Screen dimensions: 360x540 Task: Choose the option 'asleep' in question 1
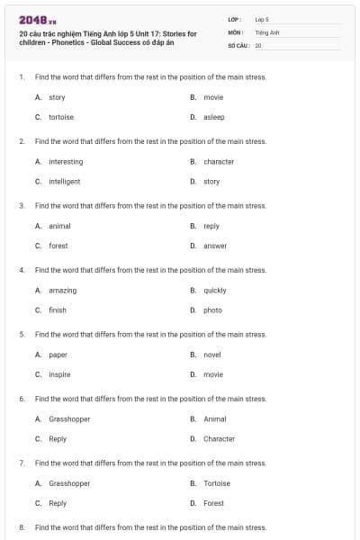click(x=214, y=117)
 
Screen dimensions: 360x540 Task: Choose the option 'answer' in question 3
click(x=215, y=246)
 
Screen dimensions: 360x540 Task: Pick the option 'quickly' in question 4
click(x=215, y=291)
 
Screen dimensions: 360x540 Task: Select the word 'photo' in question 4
click(x=212, y=310)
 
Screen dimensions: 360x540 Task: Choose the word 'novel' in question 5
click(x=212, y=355)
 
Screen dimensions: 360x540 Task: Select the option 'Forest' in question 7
click(x=213, y=503)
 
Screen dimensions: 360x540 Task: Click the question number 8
click(x=21, y=527)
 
